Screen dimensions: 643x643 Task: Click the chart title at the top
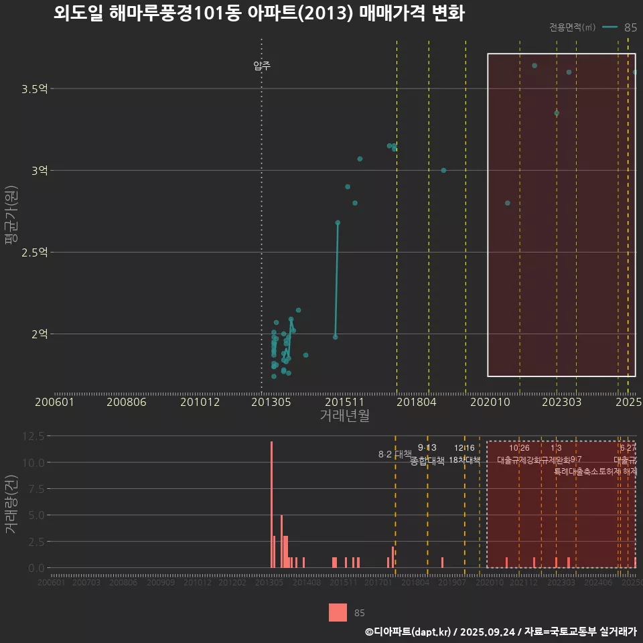pos(259,13)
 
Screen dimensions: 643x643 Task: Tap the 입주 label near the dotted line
pos(262,66)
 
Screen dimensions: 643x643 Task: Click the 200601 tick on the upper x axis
pos(54,402)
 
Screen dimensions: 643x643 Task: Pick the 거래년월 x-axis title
pos(344,416)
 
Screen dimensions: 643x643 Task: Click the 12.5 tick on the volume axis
pos(33,436)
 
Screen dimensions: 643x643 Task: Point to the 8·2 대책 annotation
pos(395,454)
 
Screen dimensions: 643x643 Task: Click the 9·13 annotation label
pos(427,447)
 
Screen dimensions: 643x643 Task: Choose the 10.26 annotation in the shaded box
pos(519,447)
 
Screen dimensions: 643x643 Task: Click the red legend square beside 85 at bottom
pos(338,612)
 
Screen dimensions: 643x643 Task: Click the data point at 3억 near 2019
pos(443,170)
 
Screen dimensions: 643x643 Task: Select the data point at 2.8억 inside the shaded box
pos(507,203)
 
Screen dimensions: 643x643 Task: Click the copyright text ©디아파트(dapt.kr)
pos(408,632)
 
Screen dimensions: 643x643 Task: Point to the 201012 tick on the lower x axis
pos(198,583)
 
